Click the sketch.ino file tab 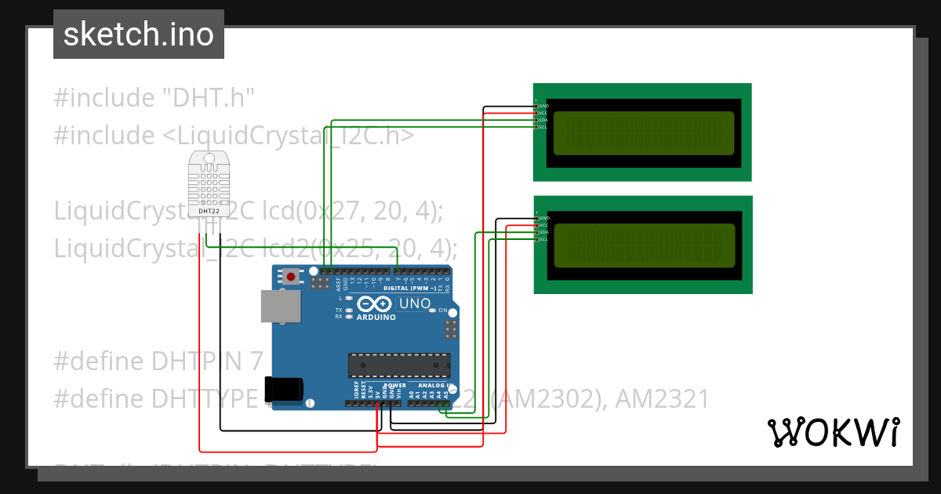(x=139, y=35)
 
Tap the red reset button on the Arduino (x=292, y=276)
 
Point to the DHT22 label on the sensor (x=209, y=211)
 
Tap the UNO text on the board (x=415, y=303)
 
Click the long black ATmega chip (x=400, y=365)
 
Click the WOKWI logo (x=833, y=432)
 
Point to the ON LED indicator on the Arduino (x=433, y=311)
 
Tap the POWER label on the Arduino (x=394, y=386)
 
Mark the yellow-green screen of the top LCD (x=644, y=133)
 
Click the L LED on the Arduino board (x=348, y=299)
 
